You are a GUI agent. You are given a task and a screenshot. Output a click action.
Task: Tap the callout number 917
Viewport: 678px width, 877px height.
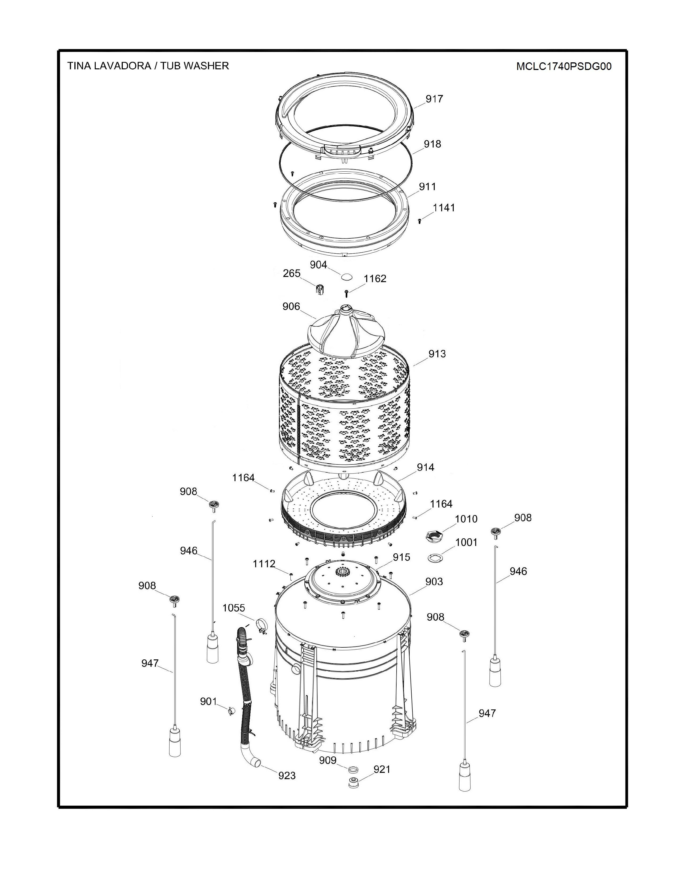click(x=434, y=99)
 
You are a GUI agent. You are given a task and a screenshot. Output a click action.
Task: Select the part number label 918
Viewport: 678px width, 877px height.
click(x=432, y=144)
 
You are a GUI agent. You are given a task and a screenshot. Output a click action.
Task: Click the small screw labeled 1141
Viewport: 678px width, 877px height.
click(x=420, y=220)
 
